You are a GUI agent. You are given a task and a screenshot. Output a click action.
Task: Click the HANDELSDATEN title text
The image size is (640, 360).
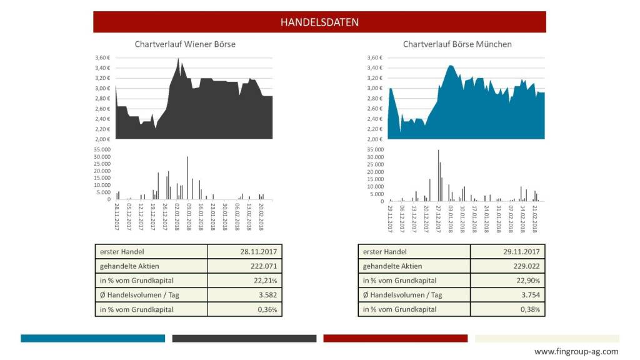click(319, 22)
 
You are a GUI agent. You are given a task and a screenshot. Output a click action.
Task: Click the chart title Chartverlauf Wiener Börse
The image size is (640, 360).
click(185, 44)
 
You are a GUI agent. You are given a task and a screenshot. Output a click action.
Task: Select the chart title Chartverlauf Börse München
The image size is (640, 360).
click(457, 44)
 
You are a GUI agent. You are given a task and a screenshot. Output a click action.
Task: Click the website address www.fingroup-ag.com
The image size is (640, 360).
click(576, 351)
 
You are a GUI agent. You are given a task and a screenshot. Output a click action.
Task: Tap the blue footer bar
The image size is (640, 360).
click(92, 338)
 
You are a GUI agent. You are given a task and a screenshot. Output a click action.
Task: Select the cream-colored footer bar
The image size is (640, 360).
click(547, 338)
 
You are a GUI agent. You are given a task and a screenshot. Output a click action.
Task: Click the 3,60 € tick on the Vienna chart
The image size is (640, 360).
click(102, 58)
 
